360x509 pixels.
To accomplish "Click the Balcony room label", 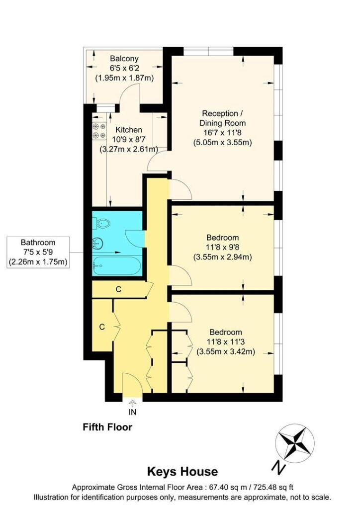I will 124,59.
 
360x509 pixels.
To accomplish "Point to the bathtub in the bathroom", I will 117,265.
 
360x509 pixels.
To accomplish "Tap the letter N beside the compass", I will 277,467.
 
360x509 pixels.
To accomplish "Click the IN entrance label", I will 132,412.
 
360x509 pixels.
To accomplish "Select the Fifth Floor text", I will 107,427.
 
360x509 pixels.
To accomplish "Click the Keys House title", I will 182,471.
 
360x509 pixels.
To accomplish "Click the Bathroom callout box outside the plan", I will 38,252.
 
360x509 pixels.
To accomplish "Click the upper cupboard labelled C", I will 118,289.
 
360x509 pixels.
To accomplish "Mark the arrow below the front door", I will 132,403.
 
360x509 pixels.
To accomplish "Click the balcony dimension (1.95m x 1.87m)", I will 124,78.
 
